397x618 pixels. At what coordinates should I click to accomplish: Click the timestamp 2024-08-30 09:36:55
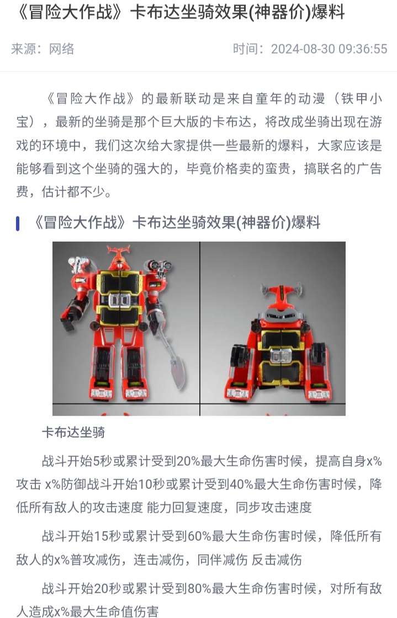click(x=329, y=49)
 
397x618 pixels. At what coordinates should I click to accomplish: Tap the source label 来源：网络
click(x=43, y=49)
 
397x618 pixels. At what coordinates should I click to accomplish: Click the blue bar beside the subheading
click(x=18, y=223)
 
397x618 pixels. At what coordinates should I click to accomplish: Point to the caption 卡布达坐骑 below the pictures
click(x=73, y=433)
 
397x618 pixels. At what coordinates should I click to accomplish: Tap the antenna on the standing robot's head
click(x=118, y=251)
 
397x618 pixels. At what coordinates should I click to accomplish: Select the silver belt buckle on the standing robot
click(x=119, y=300)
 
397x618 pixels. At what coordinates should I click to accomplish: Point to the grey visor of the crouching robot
click(x=282, y=314)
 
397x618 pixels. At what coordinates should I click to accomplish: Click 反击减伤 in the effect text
click(x=277, y=560)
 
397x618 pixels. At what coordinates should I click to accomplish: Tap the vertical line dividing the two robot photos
click(x=200, y=329)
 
